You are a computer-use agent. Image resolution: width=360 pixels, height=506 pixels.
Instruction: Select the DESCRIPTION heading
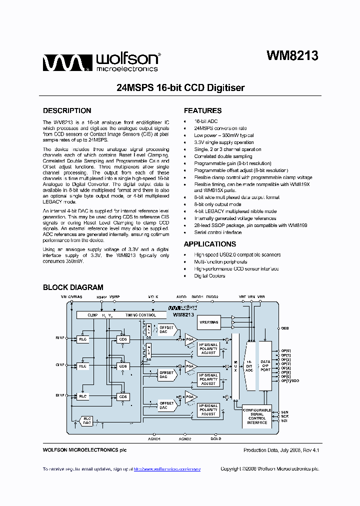pyautogui.click(x=67, y=111)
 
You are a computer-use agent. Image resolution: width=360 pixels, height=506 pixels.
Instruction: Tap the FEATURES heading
pyautogui.click(x=202, y=111)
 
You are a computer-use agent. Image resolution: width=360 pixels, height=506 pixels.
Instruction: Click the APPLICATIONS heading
pyautogui.click(x=209, y=244)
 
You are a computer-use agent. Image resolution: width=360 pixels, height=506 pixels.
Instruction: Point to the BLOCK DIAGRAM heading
pyautogui.click(x=73, y=287)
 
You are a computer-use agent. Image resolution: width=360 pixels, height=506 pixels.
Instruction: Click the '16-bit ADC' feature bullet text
pyautogui.click(x=206, y=121)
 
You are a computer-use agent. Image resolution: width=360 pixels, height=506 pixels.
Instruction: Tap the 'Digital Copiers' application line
pyautogui.click(x=210, y=276)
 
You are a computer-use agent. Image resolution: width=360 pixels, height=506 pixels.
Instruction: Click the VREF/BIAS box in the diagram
pyautogui.click(x=208, y=322)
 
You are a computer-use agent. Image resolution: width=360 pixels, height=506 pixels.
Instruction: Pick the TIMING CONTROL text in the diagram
pyautogui.click(x=140, y=315)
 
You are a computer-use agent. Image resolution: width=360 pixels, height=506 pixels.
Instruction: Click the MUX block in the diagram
pyautogui.click(x=235, y=368)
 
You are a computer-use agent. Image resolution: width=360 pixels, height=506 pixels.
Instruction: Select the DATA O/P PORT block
pyautogui.click(x=265, y=365)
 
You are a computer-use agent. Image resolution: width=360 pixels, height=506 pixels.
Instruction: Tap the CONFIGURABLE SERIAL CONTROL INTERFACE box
pyautogui.click(x=257, y=416)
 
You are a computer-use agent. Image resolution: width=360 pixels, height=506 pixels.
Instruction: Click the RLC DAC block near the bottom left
pyautogui.click(x=87, y=420)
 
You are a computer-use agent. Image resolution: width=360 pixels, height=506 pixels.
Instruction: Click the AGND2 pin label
pyautogui.click(x=185, y=438)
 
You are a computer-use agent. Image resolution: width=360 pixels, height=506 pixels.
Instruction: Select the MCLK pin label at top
pyautogui.click(x=153, y=297)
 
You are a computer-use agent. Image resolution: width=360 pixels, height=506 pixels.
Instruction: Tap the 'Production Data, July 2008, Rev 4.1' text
pyautogui.click(x=281, y=450)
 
